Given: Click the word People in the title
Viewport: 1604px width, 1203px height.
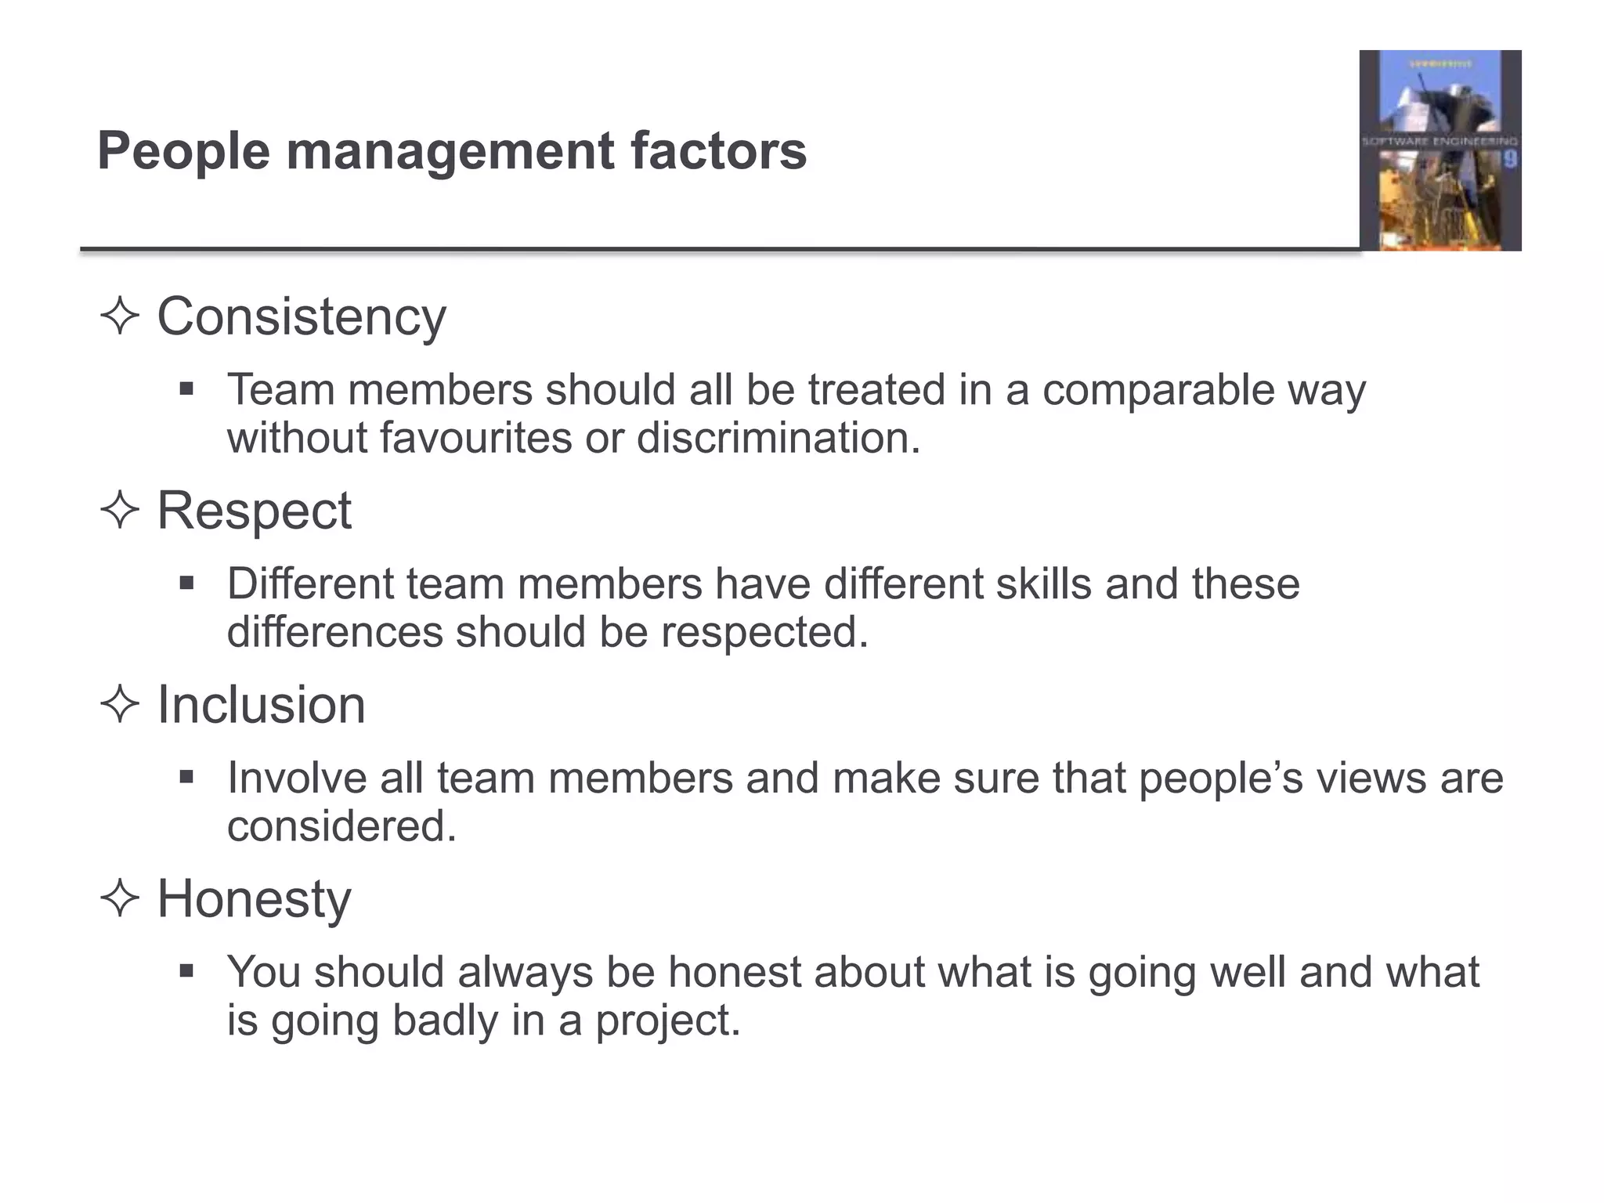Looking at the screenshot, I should [x=183, y=151].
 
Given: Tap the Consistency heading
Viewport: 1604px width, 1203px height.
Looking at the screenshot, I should [x=302, y=317].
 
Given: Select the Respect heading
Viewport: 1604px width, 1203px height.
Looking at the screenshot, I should [x=255, y=511].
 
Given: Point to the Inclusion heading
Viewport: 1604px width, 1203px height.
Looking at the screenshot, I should [x=262, y=705].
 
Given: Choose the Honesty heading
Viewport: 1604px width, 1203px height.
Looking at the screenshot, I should [x=255, y=899].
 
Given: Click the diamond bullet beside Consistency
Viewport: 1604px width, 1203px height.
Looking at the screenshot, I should [x=120, y=317].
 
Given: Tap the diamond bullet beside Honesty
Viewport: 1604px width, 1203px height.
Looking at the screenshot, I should [x=120, y=899].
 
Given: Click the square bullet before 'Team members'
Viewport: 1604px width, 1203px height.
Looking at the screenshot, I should [x=186, y=388].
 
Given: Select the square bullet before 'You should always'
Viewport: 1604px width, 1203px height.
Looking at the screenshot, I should [x=186, y=971].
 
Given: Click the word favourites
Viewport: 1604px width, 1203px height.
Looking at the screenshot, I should [x=476, y=438].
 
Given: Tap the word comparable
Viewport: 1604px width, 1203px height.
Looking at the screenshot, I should [x=1158, y=391].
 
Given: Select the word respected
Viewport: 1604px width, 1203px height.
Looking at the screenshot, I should [x=764, y=633].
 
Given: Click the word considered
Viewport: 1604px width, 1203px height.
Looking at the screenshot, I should [x=341, y=826].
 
